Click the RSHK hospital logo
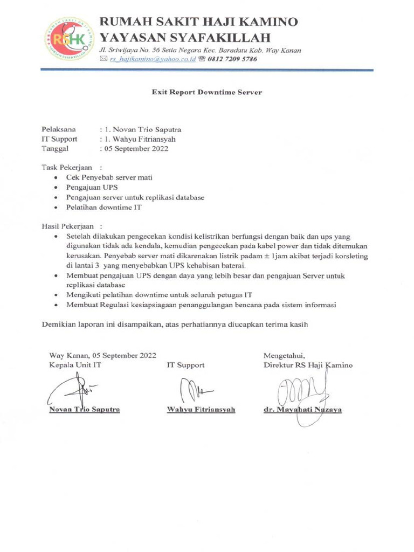(68, 39)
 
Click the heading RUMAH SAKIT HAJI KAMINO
(199, 22)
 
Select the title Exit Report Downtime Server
(207, 92)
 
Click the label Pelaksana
(59, 129)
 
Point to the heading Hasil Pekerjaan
(67, 226)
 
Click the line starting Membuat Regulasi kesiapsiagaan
(202, 305)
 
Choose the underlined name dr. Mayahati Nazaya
(302, 410)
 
